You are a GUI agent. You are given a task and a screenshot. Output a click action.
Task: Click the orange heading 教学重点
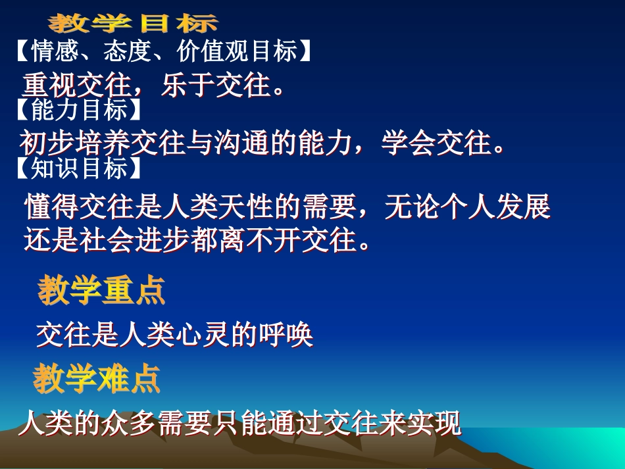(x=101, y=291)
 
